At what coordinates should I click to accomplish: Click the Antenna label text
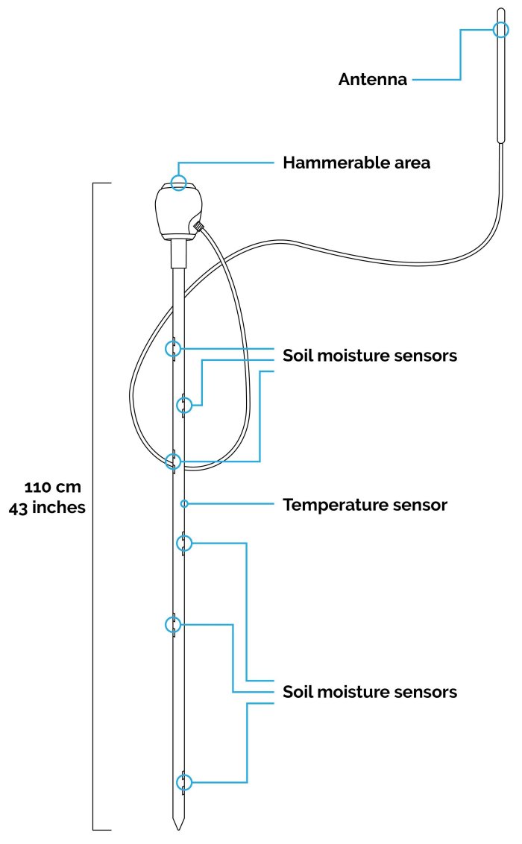(x=373, y=80)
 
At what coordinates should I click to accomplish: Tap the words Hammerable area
(x=356, y=163)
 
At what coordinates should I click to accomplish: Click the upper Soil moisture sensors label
(x=369, y=356)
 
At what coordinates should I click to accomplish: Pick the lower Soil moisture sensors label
(x=369, y=692)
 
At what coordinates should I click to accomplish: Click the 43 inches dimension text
(x=47, y=508)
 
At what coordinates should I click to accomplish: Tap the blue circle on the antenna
(x=501, y=29)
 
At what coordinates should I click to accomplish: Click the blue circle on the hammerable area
(x=178, y=182)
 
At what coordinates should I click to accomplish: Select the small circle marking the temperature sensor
(x=183, y=505)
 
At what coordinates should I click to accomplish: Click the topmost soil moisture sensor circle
(x=173, y=348)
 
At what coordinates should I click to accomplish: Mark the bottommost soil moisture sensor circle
(x=183, y=782)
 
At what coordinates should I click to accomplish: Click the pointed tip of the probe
(x=177, y=826)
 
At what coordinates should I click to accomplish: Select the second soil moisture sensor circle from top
(x=183, y=405)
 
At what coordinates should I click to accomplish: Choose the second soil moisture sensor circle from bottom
(x=173, y=624)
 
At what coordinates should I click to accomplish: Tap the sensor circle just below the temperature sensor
(x=183, y=544)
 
